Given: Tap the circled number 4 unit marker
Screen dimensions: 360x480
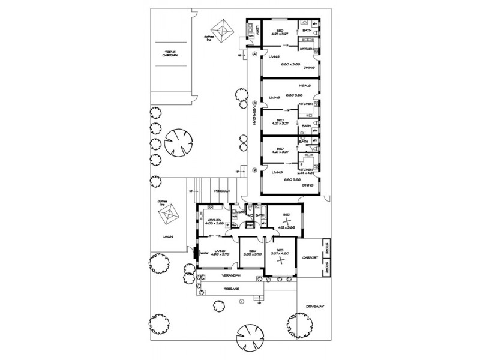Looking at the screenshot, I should pos(254,54).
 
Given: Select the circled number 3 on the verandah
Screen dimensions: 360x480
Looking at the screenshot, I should pos(254,101).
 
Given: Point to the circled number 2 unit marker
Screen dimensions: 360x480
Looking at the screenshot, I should pos(254,170).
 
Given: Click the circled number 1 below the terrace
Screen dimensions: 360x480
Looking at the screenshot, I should pos(241,301).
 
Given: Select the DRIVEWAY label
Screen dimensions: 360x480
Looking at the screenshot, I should pos(314,306).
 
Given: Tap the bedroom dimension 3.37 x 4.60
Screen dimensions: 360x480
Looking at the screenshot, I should pos(280,254).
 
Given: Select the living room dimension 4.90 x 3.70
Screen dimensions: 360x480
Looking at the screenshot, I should pos(220,254).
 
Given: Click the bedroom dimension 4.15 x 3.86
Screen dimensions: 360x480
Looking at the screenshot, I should pos(286,228).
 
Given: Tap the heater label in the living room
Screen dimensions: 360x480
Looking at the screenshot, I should pos(203,253).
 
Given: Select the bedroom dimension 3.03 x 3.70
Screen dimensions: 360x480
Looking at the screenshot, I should pos(249,254).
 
